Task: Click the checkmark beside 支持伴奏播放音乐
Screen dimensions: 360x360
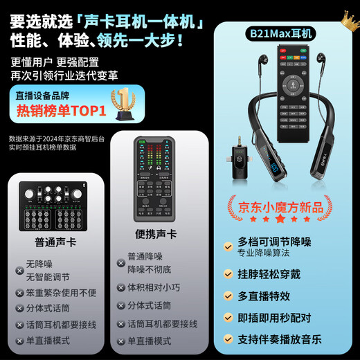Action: click(228, 339)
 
